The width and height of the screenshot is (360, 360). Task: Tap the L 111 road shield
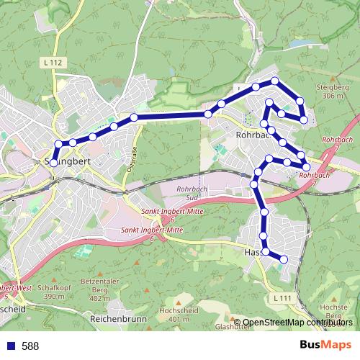(282, 297)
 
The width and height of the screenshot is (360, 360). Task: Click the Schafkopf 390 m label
(43, 291)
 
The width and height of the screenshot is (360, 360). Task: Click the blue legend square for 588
(10, 346)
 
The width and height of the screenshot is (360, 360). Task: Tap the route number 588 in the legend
(30, 346)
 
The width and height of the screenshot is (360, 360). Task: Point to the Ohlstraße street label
(132, 157)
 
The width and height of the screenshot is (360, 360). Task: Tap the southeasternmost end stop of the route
(284, 259)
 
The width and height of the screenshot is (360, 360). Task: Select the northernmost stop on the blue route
(274, 80)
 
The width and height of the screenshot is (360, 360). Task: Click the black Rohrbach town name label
(252, 135)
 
